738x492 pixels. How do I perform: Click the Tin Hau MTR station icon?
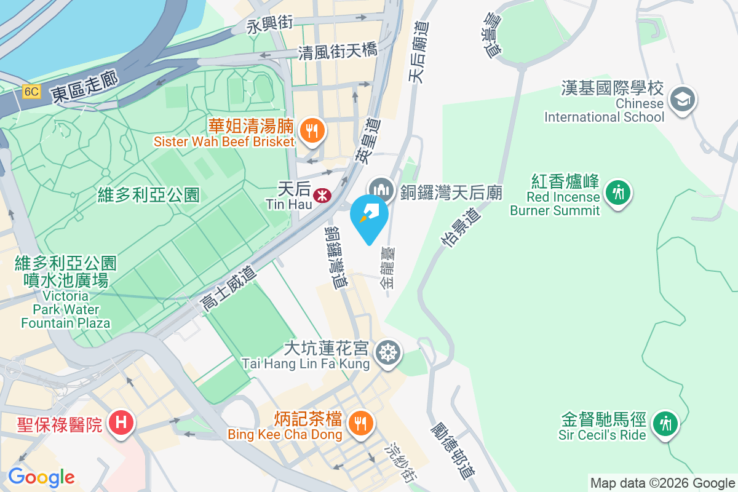320,196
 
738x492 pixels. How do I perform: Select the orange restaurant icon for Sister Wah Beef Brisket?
312,130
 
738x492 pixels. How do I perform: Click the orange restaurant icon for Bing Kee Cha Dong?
359,423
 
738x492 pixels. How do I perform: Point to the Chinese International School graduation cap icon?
682,98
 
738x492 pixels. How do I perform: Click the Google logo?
41,477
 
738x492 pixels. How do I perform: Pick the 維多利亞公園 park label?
149,196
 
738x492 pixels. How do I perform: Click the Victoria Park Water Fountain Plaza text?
66,308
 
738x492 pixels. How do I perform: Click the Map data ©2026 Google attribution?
662,483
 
